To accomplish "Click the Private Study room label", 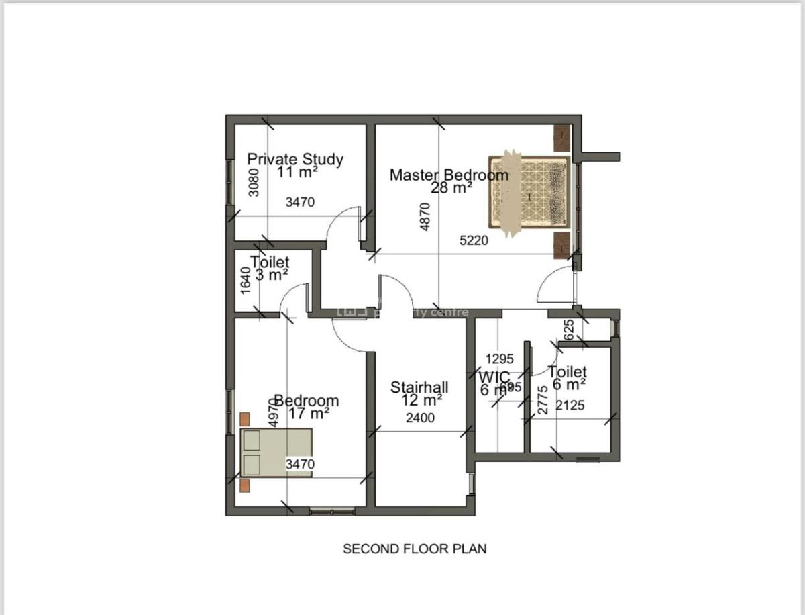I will coord(295,159).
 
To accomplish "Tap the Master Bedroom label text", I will coord(449,175).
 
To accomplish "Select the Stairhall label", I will coord(419,387).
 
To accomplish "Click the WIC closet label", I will coord(494,376).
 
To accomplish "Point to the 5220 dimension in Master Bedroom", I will coord(474,240).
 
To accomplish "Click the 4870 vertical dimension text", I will coord(425,217).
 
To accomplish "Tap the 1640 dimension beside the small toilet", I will coord(246,280).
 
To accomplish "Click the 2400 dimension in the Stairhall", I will coord(421,418).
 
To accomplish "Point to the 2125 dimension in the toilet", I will coord(570,405).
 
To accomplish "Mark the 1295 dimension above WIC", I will coord(500,359).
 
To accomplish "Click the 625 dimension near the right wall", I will coord(570,330).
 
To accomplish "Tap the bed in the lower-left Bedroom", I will coord(276,453).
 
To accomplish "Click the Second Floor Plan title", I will coord(415,549).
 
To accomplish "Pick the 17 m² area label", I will coord(309,413).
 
